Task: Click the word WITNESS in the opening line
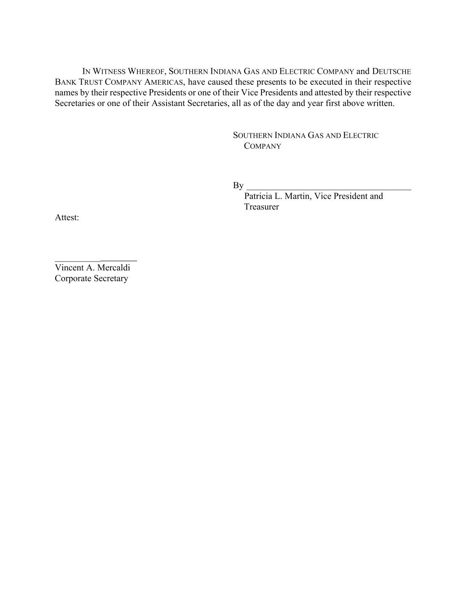point(109,72)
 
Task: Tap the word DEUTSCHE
point(391,72)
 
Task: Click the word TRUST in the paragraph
point(91,82)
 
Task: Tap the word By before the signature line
point(238,186)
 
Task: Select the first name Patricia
point(258,196)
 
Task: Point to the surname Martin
point(298,196)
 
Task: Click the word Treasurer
point(261,207)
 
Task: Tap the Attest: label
point(67,217)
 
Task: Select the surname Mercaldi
point(114,268)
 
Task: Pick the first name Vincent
point(69,268)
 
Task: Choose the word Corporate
point(73,278)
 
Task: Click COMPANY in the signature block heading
point(262,146)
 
